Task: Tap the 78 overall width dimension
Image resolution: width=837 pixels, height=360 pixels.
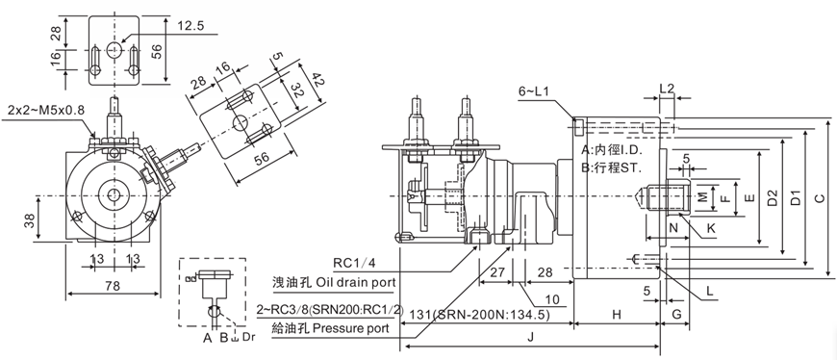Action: point(113,286)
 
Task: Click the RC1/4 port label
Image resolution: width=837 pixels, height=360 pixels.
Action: point(354,263)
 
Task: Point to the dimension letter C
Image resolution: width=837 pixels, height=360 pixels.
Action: point(820,199)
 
